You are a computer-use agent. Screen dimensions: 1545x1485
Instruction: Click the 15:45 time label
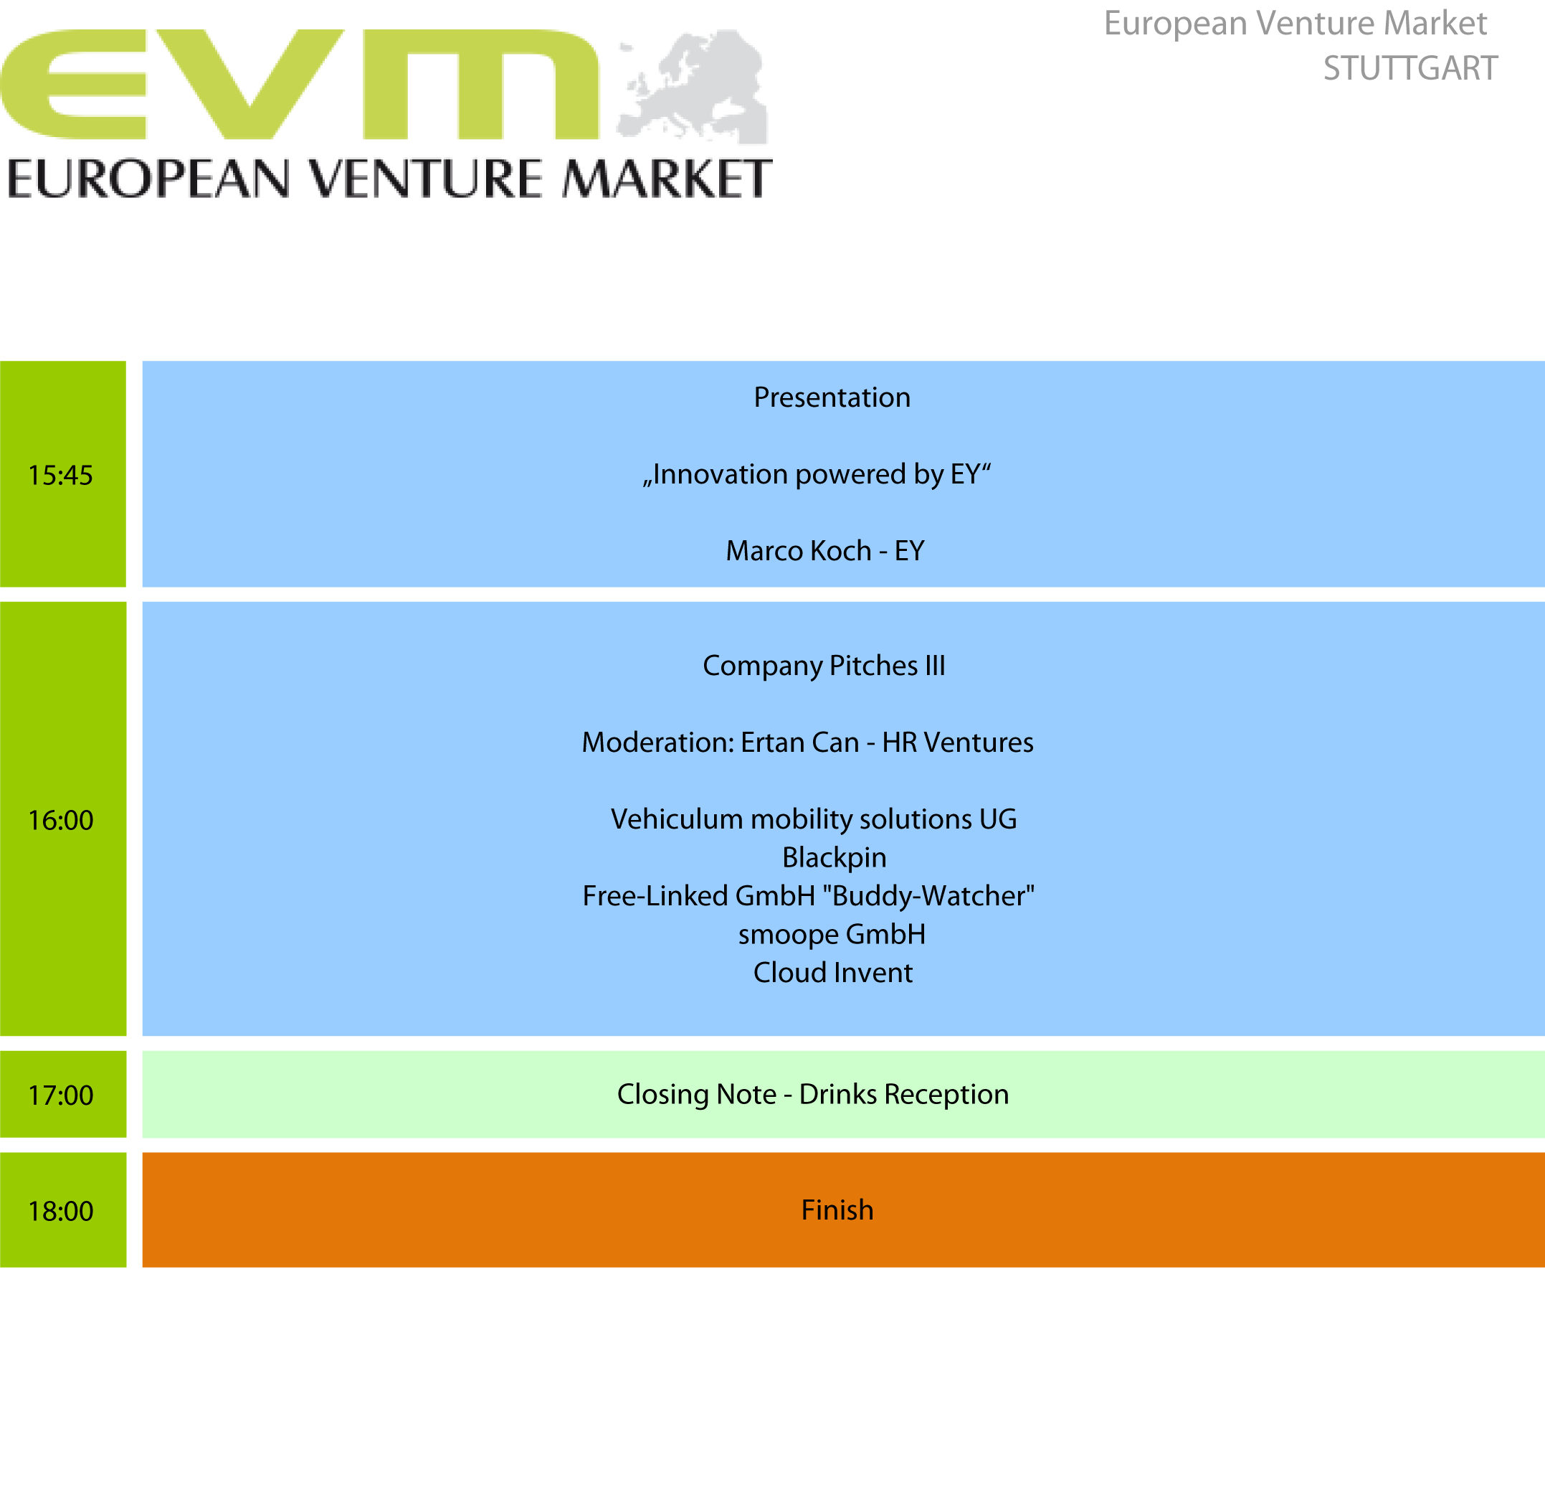(61, 476)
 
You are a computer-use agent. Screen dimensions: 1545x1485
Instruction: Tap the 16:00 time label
(61, 821)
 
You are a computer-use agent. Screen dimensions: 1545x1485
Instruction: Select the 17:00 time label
(61, 1095)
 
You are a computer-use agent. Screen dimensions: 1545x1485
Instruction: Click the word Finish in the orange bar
(837, 1210)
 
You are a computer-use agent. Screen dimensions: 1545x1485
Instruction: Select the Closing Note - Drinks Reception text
(813, 1095)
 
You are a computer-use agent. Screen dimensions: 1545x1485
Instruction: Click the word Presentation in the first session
(832, 397)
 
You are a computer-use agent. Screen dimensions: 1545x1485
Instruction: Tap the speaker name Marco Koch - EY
(824, 551)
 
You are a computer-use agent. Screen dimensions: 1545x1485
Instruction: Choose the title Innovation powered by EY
(817, 475)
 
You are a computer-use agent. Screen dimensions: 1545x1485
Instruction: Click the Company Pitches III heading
(824, 666)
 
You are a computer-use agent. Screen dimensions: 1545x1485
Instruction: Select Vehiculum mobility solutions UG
(814, 819)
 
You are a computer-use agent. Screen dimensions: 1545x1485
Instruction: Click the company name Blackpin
(834, 858)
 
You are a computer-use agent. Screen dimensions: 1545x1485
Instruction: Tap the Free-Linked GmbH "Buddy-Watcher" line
(808, 897)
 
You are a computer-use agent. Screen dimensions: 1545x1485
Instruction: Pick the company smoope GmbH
(832, 935)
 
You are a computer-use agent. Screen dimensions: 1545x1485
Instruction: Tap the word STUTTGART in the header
(1409, 69)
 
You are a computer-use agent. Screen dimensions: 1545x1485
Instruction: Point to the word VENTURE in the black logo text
(426, 179)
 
